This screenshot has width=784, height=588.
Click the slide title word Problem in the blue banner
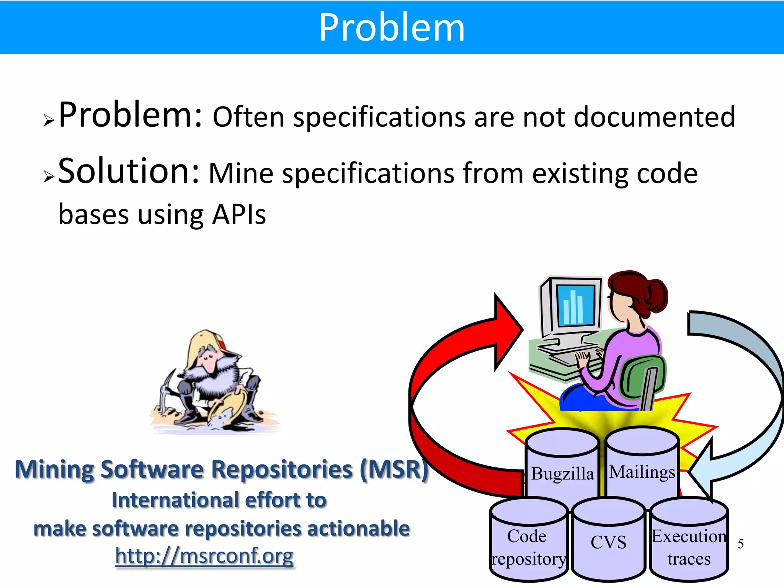point(392,28)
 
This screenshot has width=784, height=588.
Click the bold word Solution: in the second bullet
point(129,171)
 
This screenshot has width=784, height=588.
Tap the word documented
point(654,117)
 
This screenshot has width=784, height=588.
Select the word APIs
point(239,215)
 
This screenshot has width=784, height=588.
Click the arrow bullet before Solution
point(49,176)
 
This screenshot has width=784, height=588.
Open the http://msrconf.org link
point(204,556)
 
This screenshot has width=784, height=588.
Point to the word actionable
point(358,529)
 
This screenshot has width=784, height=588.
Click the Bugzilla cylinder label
point(562,474)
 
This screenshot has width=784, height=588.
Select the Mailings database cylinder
point(642,472)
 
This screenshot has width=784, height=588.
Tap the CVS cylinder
point(608,542)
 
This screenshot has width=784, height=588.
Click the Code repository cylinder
point(528,547)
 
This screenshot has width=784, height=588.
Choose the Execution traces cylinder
point(689,547)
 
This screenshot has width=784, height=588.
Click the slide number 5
point(740,544)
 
